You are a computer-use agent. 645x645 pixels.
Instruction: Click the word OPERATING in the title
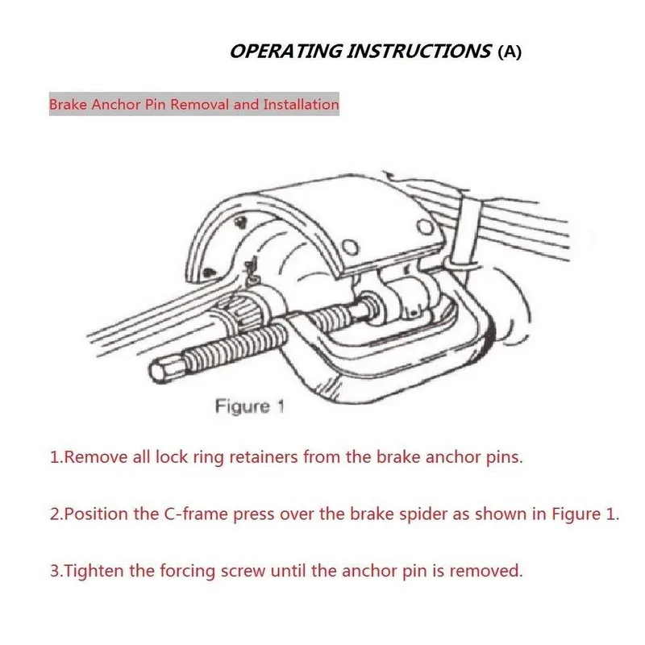click(x=286, y=52)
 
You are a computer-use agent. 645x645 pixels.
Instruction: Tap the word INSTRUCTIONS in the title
click(x=419, y=52)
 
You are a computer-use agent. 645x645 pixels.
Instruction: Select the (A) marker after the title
click(x=510, y=52)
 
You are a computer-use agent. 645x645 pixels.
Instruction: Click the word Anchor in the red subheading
click(x=115, y=105)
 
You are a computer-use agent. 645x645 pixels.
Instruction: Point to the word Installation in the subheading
click(x=301, y=105)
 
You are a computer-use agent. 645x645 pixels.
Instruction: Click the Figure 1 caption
click(x=250, y=406)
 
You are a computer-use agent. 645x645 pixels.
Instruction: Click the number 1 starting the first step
click(x=54, y=457)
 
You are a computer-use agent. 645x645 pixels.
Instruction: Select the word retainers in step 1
click(x=264, y=457)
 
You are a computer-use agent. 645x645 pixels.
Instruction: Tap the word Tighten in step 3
click(x=94, y=572)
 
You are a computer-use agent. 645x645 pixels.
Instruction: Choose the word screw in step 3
click(x=243, y=572)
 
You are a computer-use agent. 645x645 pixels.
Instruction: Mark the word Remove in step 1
click(x=96, y=457)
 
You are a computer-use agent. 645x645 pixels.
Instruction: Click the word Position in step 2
click(x=96, y=514)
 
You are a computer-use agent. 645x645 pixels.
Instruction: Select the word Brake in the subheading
click(x=68, y=105)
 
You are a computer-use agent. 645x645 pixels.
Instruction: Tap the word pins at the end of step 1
click(x=505, y=458)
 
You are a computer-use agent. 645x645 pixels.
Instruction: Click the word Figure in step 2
click(x=576, y=515)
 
